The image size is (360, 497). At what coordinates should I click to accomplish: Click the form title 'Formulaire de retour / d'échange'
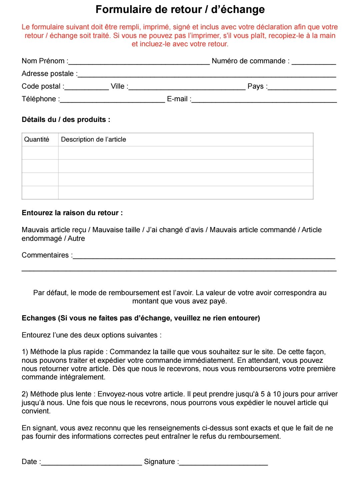point(180,9)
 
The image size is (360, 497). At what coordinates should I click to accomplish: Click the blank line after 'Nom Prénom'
point(139,62)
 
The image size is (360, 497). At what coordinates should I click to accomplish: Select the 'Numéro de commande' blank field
point(314,62)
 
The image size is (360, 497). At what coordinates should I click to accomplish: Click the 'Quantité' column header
point(37,140)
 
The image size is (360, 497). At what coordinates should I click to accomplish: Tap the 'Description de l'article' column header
point(94,140)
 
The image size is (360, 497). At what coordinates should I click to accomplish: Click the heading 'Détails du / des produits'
point(66,120)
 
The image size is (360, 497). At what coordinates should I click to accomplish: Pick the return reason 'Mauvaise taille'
point(116,230)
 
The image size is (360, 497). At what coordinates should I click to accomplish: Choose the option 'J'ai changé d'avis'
point(175,230)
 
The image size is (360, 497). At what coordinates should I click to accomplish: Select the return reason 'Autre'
point(76,239)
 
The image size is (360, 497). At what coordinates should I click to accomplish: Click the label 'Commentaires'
point(45,255)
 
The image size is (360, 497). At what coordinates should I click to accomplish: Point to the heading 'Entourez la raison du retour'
point(72,213)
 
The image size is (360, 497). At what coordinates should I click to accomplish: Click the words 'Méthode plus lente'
point(61,394)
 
